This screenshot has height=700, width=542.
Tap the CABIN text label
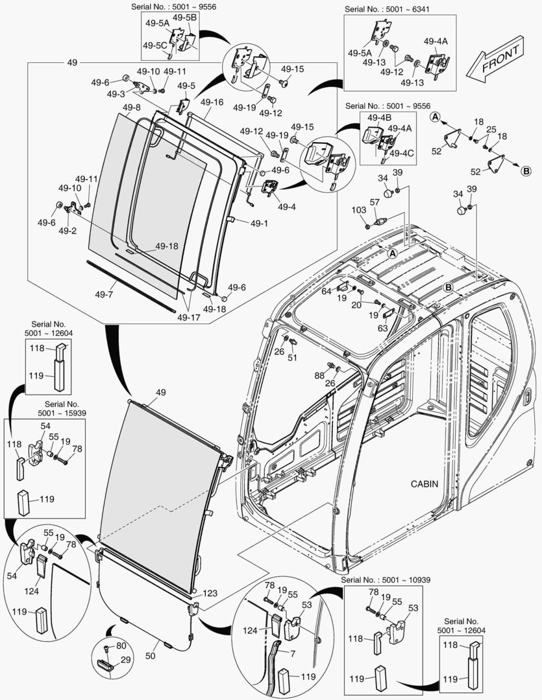click(424, 484)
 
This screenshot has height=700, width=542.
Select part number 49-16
click(212, 102)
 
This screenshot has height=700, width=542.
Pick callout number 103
click(358, 210)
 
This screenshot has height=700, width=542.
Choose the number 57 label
click(375, 203)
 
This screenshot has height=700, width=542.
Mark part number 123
click(210, 592)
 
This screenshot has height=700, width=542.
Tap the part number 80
click(121, 646)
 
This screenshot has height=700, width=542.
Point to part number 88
click(319, 375)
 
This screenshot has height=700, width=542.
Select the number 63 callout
click(384, 329)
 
